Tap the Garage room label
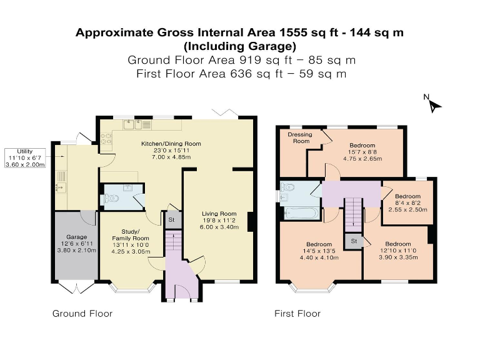76,237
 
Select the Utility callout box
25,158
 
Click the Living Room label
219,214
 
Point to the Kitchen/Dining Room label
171,144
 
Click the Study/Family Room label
131,235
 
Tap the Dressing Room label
300,137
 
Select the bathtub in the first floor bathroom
302,213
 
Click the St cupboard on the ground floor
172,220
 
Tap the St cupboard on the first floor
354,241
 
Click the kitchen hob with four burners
106,138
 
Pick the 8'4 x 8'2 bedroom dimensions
407,203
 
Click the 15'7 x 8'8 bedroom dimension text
362,152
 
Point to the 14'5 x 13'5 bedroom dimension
319,251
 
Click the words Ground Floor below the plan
82,314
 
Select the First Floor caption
297,314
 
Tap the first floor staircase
354,215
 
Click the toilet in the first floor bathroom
287,186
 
